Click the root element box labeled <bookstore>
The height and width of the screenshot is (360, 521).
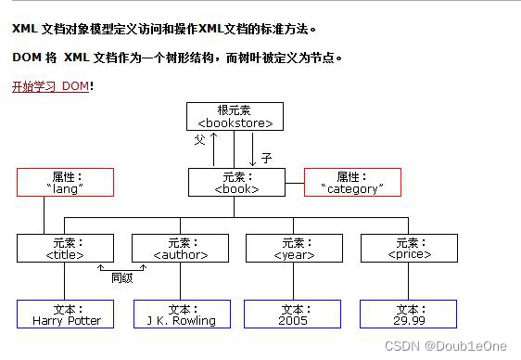235,116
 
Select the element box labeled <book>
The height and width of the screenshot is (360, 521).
236,182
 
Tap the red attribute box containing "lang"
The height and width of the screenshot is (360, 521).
65,182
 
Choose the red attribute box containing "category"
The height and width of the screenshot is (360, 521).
352,182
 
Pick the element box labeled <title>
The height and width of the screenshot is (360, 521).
65,248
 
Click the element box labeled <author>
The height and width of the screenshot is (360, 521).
180,248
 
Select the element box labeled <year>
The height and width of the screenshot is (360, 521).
294,248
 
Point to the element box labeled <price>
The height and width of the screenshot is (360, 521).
409,248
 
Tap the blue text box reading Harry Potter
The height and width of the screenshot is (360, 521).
66,315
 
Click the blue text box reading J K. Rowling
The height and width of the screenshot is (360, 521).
181,315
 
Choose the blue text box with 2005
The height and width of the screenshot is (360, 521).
293,315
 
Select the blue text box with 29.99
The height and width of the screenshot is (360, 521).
409,315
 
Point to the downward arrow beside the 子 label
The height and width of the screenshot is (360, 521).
252,148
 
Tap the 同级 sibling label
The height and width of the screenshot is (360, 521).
122,276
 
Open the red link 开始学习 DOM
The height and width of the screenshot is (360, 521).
51,86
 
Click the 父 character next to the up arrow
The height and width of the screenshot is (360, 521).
199,140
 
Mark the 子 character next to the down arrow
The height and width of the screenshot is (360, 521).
266,159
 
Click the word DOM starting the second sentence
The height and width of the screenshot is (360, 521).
25,58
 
